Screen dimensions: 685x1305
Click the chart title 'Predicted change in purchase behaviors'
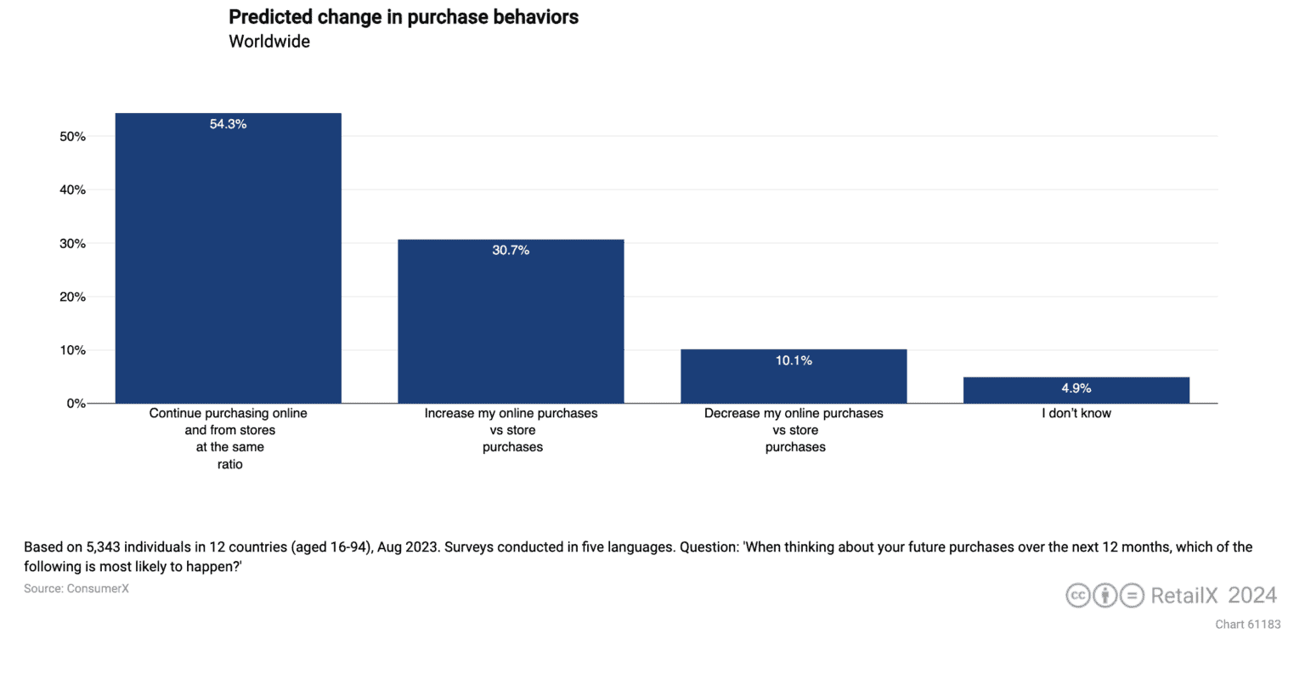(404, 17)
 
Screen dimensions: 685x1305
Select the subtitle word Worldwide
(269, 42)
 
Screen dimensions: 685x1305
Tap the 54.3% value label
(229, 124)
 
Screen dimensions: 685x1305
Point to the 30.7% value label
(511, 250)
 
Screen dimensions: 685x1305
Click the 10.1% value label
(794, 360)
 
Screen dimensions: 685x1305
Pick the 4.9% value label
(1076, 388)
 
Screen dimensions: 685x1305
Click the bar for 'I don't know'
(1076, 390)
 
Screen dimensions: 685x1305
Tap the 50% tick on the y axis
(72, 137)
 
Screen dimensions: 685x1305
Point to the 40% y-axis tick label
(72, 190)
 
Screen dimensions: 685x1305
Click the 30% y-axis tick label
(72, 244)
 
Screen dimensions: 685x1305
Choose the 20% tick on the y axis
(72, 297)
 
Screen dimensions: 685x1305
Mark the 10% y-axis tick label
(72, 350)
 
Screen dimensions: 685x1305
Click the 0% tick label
(76, 404)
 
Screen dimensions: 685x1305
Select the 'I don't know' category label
(1076, 413)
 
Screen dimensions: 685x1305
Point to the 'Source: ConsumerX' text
(76, 588)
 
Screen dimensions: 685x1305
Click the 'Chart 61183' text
(1247, 624)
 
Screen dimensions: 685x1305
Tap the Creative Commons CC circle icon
(1078, 595)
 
